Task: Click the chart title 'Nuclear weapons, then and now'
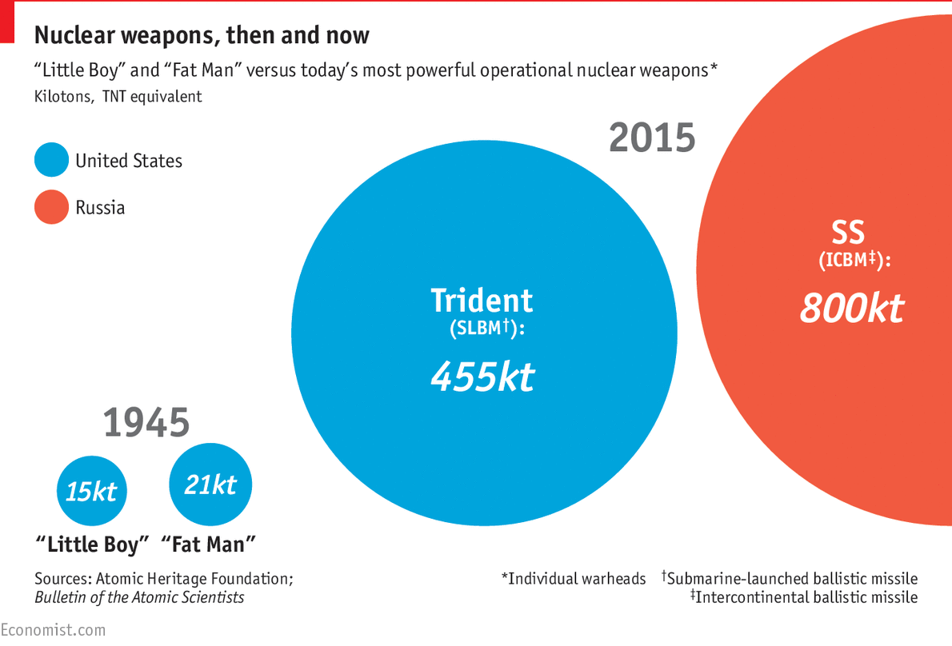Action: pyautogui.click(x=202, y=35)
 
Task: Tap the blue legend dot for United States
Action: pyautogui.click(x=51, y=161)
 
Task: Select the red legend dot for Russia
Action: pyautogui.click(x=51, y=208)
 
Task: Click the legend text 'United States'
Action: pyautogui.click(x=129, y=161)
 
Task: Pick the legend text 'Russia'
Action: pyautogui.click(x=100, y=208)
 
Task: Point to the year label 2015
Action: pyautogui.click(x=652, y=138)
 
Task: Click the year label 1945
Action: pyautogui.click(x=146, y=423)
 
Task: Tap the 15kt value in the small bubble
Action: pyautogui.click(x=91, y=492)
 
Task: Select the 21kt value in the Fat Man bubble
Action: pyautogui.click(x=210, y=484)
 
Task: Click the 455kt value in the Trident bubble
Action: pyautogui.click(x=482, y=376)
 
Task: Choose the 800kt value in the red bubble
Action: pyautogui.click(x=851, y=308)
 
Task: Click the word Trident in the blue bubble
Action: pyautogui.click(x=482, y=301)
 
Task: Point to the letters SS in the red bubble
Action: pyautogui.click(x=848, y=233)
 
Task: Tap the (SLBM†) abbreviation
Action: pyautogui.click(x=486, y=329)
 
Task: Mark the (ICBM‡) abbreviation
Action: pyautogui.click(x=854, y=261)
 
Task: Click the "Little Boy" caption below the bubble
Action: pyautogui.click(x=93, y=545)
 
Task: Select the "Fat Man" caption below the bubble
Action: pyautogui.click(x=209, y=545)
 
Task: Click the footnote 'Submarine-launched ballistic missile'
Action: pyautogui.click(x=790, y=578)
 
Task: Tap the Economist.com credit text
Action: pyautogui.click(x=53, y=630)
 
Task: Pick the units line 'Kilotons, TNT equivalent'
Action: pyautogui.click(x=118, y=97)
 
